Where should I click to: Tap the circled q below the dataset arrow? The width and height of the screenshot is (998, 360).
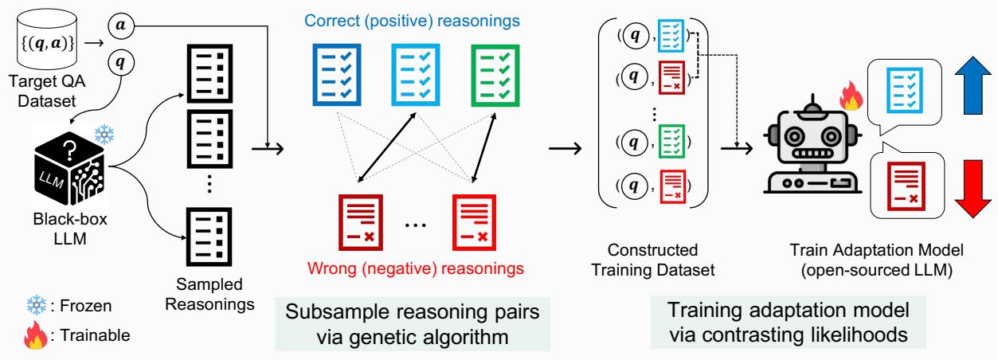[120, 62]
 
